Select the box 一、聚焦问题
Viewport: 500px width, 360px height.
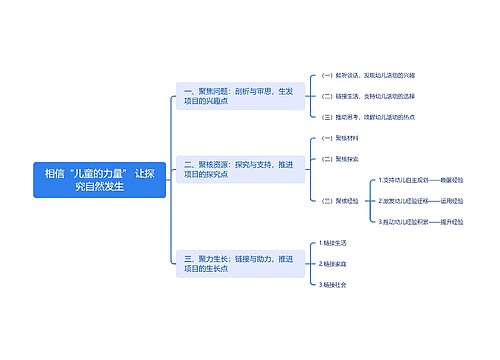pos(240,96)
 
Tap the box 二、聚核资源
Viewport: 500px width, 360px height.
pos(240,168)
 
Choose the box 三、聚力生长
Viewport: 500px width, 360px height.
pos(240,263)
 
